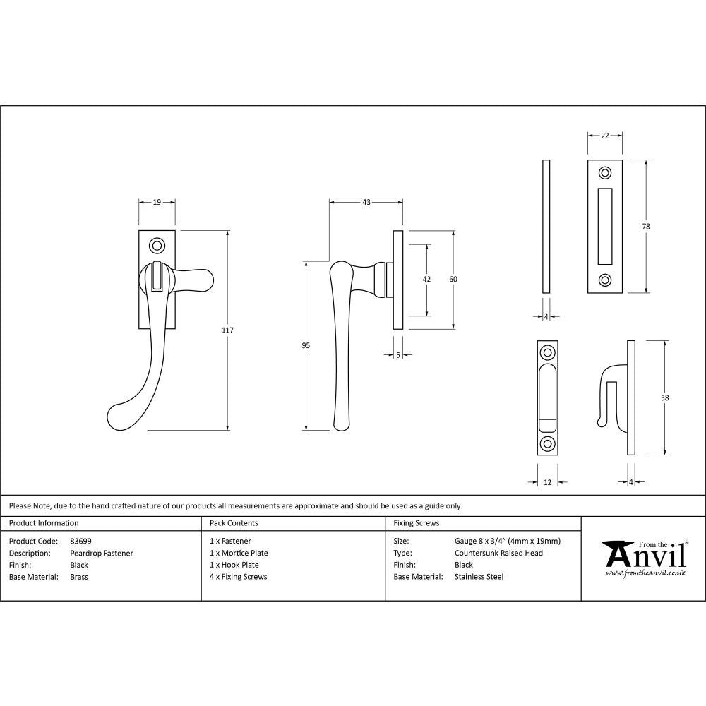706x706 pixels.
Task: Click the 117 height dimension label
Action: [227, 330]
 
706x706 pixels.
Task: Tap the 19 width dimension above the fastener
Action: [157, 202]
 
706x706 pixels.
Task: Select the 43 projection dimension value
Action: [366, 202]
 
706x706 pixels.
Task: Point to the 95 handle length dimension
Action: [306, 345]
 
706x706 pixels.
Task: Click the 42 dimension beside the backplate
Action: [426, 279]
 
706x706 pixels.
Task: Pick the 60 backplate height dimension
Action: [453, 279]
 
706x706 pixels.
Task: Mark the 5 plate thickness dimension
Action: [398, 355]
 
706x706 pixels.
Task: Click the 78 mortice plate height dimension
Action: [647, 226]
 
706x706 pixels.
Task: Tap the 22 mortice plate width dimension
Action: [605, 136]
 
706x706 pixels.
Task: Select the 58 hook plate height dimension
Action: [665, 397]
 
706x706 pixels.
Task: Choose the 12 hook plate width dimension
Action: [547, 482]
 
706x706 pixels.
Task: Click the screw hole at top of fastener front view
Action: [157, 246]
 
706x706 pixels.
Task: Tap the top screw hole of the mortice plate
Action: [605, 173]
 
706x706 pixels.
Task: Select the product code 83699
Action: [81, 542]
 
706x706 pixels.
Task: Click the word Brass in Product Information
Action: [79, 577]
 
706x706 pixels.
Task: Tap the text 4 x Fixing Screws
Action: [239, 577]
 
